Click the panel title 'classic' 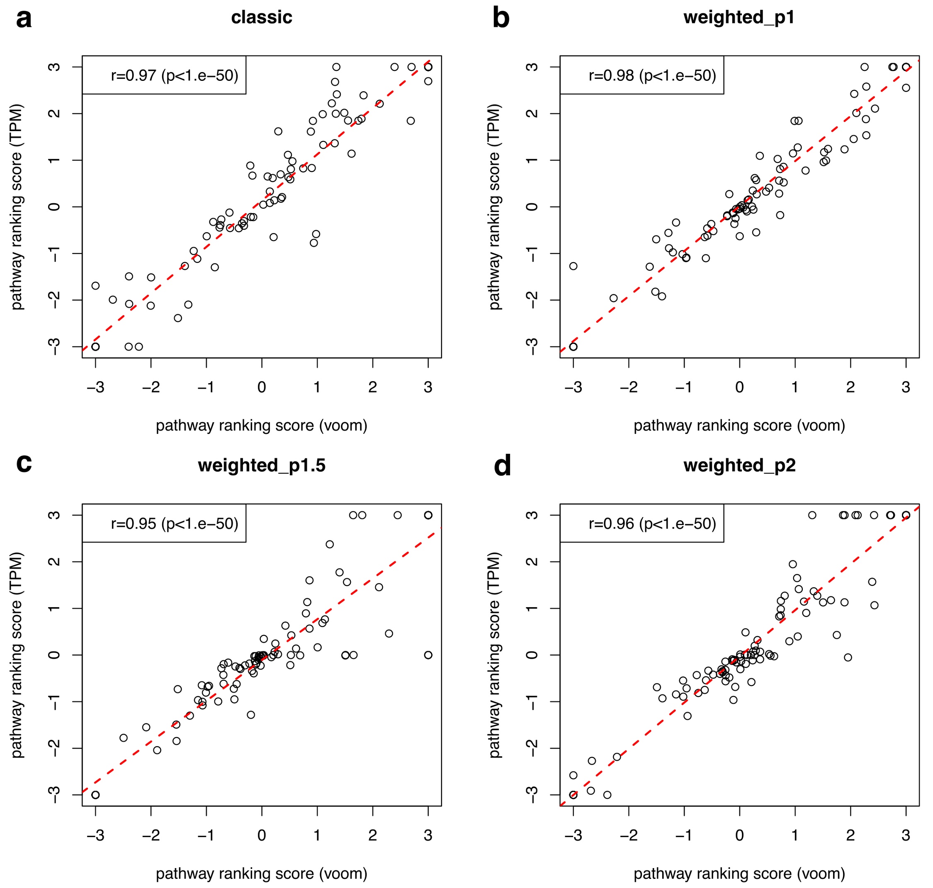coord(261,17)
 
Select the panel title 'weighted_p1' coord(739,17)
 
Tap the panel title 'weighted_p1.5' coord(261,466)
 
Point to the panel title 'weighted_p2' coord(739,466)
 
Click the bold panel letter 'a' coord(24,19)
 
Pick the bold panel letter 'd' coord(502,466)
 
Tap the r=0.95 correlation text coord(175,523)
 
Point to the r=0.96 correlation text coord(652,523)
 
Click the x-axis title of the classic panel coord(261,426)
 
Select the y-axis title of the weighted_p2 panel coord(494,655)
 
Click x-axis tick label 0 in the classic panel coord(262,387)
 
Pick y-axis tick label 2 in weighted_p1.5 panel coord(55,562)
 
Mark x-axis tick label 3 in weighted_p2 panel coord(906,835)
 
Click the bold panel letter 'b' coord(501,19)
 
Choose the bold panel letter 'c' coord(24,464)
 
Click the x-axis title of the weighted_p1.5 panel coord(261,874)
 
